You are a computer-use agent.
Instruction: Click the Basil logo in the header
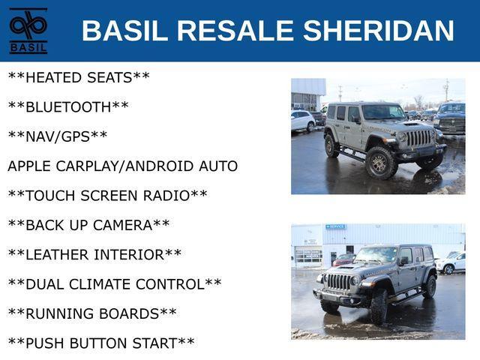[28, 31]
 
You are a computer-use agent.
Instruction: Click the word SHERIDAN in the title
[378, 30]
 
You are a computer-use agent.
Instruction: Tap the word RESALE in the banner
[235, 30]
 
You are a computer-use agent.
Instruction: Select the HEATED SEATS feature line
[79, 77]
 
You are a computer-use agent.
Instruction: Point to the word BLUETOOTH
[68, 107]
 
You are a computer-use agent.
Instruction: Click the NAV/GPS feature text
[58, 136]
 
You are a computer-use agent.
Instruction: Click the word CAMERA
[122, 225]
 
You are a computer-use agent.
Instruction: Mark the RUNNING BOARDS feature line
[92, 313]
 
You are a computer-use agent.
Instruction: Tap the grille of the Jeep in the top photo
[418, 138]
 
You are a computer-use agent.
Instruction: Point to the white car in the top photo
[303, 121]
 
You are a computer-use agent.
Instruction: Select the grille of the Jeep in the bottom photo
[338, 282]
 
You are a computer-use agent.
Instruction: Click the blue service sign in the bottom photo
[336, 226]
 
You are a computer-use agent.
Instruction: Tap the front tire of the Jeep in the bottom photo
[379, 307]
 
